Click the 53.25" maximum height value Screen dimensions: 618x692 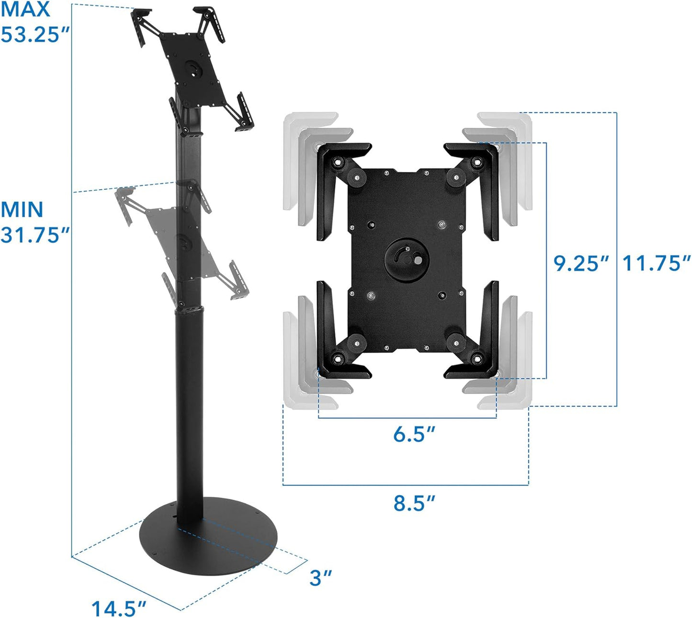[35, 34]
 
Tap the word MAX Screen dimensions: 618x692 [25, 10]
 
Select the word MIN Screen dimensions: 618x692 [22, 210]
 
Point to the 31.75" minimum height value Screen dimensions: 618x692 [35, 235]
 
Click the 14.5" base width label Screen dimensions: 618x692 [118, 608]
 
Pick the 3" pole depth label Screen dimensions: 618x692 [320, 578]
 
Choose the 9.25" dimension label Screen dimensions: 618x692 [581, 263]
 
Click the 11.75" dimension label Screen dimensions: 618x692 [656, 263]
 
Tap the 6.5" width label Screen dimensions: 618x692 [414, 434]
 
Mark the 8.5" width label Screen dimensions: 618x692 [414, 504]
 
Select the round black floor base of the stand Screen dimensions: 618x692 [208, 537]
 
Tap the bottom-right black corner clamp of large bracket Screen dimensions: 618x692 [479, 345]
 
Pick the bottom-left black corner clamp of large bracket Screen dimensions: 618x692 [335, 345]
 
